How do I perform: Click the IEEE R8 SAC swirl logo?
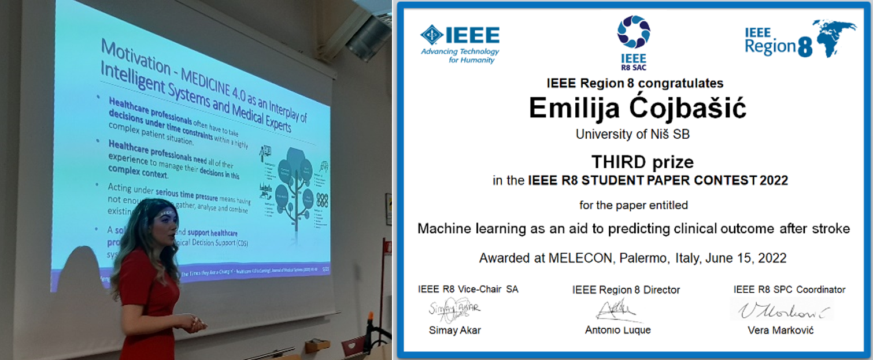pyautogui.click(x=633, y=32)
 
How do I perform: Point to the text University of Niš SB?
pyautogui.click(x=632, y=134)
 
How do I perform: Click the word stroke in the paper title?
pyautogui.click(x=831, y=229)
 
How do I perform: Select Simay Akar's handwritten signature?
pyautogui.click(x=454, y=309)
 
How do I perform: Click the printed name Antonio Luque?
pyautogui.click(x=618, y=330)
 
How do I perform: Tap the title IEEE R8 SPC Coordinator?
pyautogui.click(x=789, y=290)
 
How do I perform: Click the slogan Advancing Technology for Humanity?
pyautogui.click(x=460, y=55)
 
